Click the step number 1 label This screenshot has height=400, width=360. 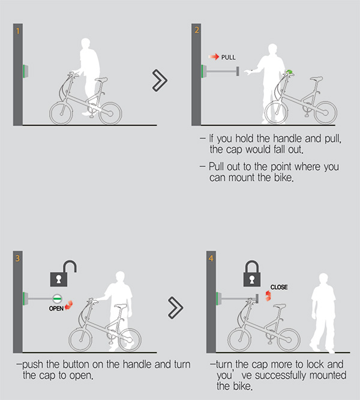(17, 31)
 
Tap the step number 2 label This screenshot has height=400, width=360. (196, 31)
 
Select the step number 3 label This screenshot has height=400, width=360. (17, 258)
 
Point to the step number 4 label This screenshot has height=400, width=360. (211, 258)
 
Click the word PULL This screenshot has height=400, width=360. (228, 57)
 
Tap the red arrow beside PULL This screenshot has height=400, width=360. (214, 56)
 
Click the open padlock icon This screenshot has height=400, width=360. (63, 273)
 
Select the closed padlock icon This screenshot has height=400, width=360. (252, 273)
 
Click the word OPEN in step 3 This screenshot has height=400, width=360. (56, 309)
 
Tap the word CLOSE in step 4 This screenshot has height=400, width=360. (279, 287)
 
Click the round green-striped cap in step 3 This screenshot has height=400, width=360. (57, 298)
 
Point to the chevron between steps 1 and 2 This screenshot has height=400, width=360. (160, 80)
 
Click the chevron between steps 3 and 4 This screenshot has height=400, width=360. (175, 308)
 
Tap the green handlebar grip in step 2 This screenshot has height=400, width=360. (289, 71)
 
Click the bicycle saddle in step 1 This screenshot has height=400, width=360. (101, 80)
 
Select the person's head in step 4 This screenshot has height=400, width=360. (323, 278)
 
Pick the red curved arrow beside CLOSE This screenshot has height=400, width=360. (268, 295)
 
